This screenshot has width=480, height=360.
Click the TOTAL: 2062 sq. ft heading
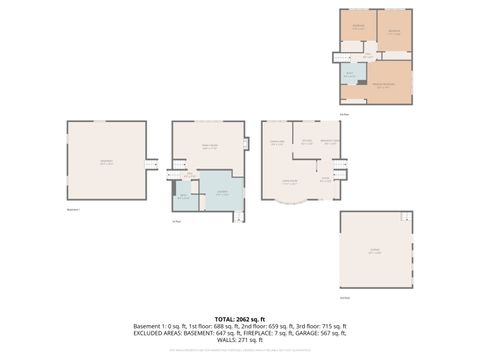click(240, 318)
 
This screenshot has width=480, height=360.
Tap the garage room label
click(375, 252)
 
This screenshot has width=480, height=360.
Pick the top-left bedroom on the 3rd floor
click(358, 28)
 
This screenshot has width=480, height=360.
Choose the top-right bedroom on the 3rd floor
click(394, 30)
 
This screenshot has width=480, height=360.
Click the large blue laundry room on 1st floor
click(222, 194)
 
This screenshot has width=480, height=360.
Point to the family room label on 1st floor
click(210, 147)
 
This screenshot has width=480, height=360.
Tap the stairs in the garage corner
click(405, 217)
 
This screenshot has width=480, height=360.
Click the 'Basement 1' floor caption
click(72, 210)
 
